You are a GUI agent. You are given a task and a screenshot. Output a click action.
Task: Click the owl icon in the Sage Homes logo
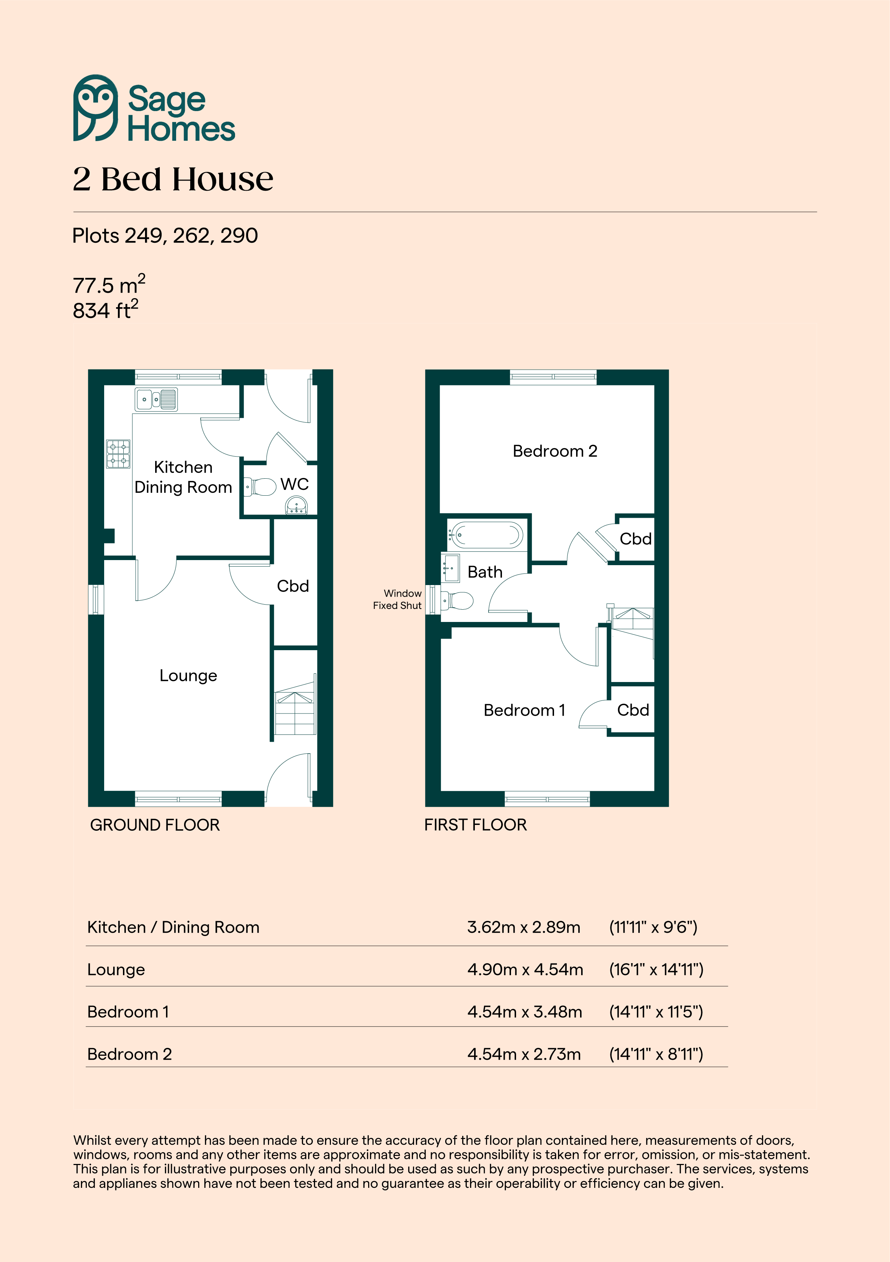click(95, 108)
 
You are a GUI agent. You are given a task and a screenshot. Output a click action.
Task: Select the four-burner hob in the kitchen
click(118, 454)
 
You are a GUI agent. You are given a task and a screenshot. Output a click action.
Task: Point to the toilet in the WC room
click(260, 487)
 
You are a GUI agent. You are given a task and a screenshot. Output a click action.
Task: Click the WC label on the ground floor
click(294, 484)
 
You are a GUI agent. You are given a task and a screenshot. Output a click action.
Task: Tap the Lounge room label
click(188, 676)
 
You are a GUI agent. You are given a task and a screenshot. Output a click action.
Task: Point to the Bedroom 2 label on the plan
click(555, 451)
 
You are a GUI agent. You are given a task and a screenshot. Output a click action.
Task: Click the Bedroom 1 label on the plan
click(524, 710)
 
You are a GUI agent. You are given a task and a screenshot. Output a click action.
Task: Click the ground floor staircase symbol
click(295, 706)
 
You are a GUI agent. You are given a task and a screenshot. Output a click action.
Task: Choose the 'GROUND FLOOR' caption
click(155, 825)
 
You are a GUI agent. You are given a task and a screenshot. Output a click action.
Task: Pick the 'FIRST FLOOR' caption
click(475, 825)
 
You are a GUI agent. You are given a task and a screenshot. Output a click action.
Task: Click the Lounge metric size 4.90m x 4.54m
click(525, 970)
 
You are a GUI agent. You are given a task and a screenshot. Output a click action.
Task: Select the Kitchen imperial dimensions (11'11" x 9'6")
click(653, 927)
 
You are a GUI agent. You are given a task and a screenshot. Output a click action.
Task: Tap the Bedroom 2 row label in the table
click(130, 1054)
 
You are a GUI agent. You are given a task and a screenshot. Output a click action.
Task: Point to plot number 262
click(193, 236)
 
